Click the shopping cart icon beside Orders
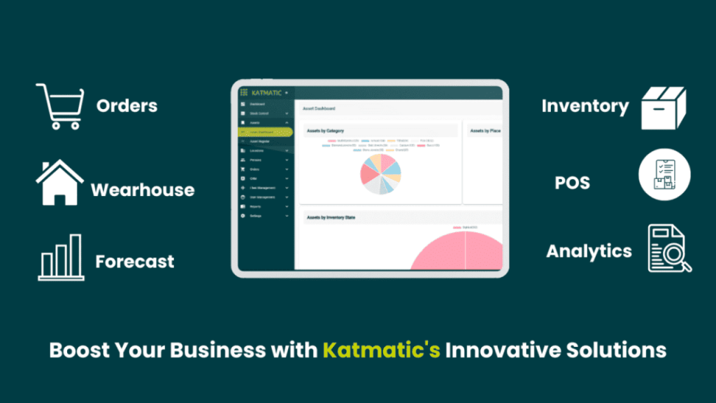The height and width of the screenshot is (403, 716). pos(59,106)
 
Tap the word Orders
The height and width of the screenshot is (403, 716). pos(127,106)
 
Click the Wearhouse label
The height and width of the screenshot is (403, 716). pos(143,190)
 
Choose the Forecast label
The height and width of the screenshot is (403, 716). pos(135,262)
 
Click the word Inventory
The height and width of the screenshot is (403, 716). pos(585,106)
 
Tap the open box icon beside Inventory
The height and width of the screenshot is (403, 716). pos(664,108)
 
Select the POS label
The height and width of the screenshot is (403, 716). pos(573,183)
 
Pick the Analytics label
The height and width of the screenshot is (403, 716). pos(589,251)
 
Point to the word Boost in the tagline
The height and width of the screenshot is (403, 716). pos(80,349)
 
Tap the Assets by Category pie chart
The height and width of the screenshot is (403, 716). pos(380,174)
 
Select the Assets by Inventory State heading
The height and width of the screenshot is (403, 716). pos(331,218)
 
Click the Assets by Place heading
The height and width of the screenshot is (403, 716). pos(484,131)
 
